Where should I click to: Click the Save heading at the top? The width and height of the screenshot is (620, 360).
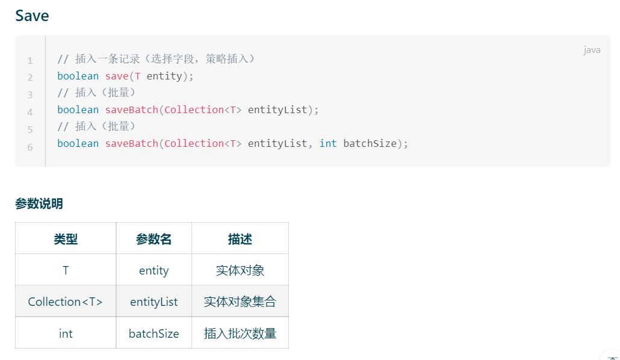pos(32,16)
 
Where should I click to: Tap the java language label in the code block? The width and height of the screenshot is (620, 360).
pos(592,50)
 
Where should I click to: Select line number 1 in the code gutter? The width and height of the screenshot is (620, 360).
pos(29,61)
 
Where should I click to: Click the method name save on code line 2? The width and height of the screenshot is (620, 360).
pos(117,76)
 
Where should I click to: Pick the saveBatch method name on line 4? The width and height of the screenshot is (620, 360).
pos(131,110)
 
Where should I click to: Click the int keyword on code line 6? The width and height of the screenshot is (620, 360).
pos(328,143)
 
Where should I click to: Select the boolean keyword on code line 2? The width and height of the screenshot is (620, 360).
pos(78,76)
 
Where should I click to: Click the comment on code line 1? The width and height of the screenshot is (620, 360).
pos(157,59)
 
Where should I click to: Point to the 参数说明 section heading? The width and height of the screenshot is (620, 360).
pos(39,203)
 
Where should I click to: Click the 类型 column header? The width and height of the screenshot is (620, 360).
pos(66,239)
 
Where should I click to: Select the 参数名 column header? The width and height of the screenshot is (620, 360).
pos(153,239)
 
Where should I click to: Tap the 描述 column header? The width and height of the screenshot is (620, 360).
pos(240,239)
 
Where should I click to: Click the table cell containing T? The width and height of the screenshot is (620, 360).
pos(66,270)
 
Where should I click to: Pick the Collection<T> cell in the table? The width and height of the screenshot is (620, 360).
pos(66,302)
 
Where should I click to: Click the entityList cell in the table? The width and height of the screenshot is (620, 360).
pos(153,302)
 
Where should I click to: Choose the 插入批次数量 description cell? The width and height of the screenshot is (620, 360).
pos(240,333)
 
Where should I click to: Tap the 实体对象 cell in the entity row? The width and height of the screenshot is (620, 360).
pos(240,270)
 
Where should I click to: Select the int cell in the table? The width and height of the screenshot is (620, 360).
pos(66,333)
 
